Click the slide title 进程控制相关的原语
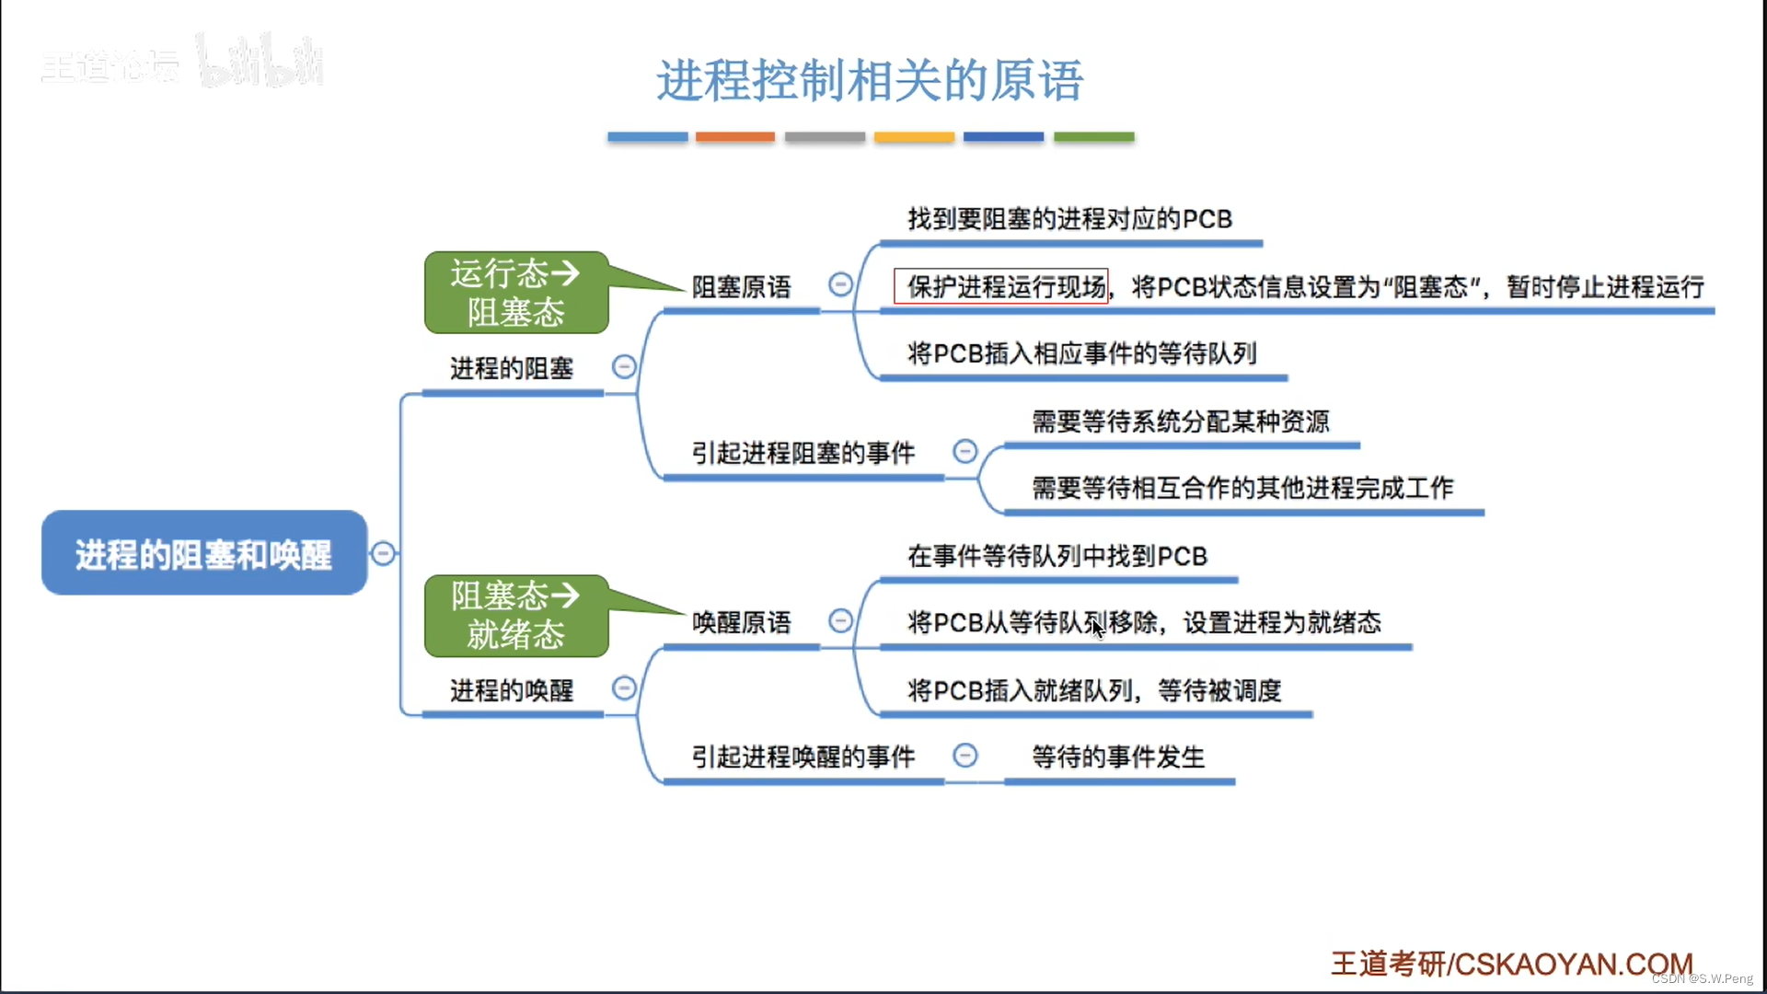coord(870,81)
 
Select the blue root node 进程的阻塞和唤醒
coord(203,554)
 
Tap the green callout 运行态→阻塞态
coord(515,293)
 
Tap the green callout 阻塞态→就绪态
coord(515,616)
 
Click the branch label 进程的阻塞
coord(512,369)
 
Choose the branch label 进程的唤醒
coord(512,691)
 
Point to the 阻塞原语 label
coord(741,288)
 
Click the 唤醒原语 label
coord(741,623)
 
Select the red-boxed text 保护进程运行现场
coord(1005,287)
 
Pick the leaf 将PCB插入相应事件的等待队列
coord(1081,354)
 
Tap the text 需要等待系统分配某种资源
coord(1180,422)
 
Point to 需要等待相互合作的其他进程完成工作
coord(1242,489)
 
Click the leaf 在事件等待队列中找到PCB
coord(1057,557)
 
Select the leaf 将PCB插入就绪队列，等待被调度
coord(1094,691)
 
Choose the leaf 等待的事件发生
coord(1117,757)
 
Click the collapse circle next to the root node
coord(384,553)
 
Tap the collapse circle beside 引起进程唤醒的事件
coord(964,756)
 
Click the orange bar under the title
coord(734,137)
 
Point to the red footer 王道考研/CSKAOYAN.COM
coord(1511,964)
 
